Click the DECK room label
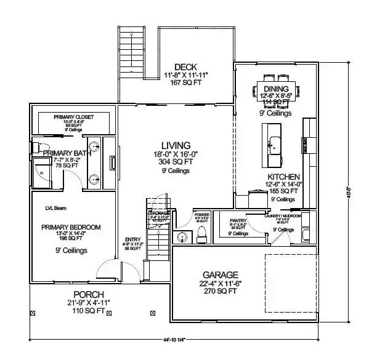click(185, 67)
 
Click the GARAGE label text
click(221, 274)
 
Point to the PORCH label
click(89, 295)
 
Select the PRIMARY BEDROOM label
click(71, 228)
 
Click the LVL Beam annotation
click(56, 208)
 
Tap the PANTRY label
click(238, 220)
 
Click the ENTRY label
click(133, 239)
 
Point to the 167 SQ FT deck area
click(187, 83)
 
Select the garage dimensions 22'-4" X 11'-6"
click(221, 283)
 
